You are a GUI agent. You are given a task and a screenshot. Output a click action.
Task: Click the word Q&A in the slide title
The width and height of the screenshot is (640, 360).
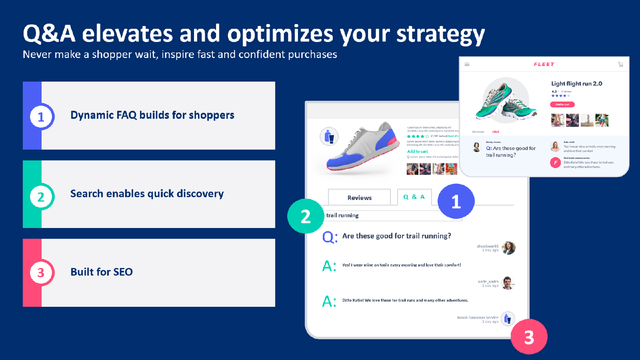coord(49,34)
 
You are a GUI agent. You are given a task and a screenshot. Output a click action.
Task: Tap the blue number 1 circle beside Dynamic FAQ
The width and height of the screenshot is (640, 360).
coord(41,116)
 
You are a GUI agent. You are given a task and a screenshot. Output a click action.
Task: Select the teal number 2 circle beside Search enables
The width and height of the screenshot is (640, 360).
coord(41,195)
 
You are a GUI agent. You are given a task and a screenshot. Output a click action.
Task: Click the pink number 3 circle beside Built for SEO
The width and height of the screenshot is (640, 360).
coord(41,273)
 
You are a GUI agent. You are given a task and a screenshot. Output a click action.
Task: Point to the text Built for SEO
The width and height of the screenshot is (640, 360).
coord(101,272)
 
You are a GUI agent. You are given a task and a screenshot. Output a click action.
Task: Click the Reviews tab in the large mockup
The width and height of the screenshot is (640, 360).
coord(359,197)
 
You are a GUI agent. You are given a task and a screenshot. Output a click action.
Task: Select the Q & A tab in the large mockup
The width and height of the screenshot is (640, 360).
coord(414,197)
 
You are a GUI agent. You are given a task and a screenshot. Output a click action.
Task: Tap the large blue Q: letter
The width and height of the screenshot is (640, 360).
coord(330,236)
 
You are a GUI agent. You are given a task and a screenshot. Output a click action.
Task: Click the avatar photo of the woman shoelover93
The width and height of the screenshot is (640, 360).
coord(508,247)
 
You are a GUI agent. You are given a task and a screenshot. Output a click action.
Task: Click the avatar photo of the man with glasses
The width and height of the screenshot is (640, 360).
coord(508,283)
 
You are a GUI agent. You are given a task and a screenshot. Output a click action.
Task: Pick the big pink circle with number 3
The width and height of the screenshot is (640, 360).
coord(529,337)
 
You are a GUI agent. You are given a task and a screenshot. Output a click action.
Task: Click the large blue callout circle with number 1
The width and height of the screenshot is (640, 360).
coord(455,202)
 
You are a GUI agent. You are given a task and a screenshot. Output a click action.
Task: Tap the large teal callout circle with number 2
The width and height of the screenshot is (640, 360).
coord(305,216)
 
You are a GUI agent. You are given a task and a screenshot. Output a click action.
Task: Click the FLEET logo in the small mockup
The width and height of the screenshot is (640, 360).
coord(543,64)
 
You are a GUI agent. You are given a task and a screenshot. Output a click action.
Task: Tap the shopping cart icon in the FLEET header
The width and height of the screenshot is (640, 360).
coord(620,64)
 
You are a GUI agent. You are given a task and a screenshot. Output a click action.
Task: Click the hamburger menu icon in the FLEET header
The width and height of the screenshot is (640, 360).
coord(467,64)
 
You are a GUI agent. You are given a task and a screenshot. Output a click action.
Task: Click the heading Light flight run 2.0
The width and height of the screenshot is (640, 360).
coord(576,83)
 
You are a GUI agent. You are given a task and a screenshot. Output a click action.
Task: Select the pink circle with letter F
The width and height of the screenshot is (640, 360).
coord(555,162)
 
